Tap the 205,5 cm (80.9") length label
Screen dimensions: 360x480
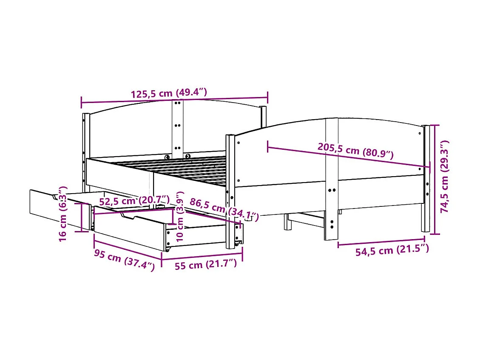tap(355, 151)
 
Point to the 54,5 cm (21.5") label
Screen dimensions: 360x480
tap(392, 250)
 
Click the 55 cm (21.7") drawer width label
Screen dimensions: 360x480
tap(205, 265)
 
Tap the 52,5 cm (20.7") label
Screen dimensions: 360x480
tap(134, 200)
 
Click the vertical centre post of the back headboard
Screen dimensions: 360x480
tap(178, 128)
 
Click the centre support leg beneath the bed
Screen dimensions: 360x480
tap(288, 222)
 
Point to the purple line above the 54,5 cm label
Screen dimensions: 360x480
tap(381, 244)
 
